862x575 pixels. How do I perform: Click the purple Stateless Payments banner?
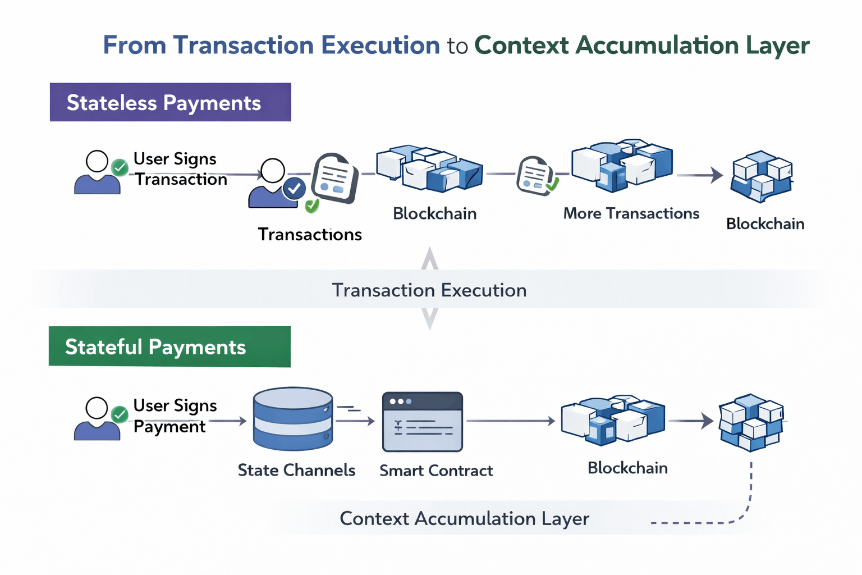pos(170,102)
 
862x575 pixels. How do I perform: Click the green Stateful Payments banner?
pos(169,346)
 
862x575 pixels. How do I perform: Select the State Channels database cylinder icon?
pos(292,418)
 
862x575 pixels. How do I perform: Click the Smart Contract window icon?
pos(422,422)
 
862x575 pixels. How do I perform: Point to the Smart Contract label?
pos(436,471)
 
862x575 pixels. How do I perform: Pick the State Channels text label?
pos(296,470)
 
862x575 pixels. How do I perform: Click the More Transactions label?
pos(631,213)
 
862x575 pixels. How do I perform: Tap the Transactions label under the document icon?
pos(310,234)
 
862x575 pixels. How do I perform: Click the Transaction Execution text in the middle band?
pos(429,290)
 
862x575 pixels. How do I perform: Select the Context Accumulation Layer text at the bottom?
pos(464,518)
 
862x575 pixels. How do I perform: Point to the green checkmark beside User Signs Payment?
pos(120,414)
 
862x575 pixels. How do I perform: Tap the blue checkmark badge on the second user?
pos(294,189)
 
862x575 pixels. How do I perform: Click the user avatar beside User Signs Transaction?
pos(97,172)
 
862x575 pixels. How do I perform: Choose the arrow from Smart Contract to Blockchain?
pos(511,421)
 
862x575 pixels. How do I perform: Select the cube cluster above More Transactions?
pos(622,163)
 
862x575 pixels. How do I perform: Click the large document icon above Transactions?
pos(335,178)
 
